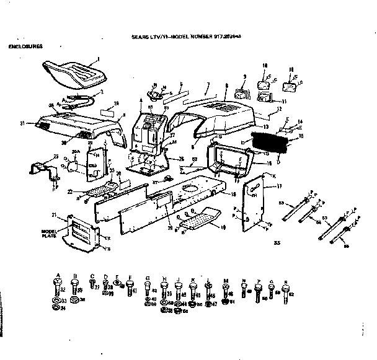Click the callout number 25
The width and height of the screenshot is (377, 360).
tap(38, 157)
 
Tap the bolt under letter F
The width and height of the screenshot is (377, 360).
tap(129, 287)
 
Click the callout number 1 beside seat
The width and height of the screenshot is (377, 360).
tap(97, 59)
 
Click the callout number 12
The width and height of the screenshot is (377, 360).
tap(280, 109)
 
